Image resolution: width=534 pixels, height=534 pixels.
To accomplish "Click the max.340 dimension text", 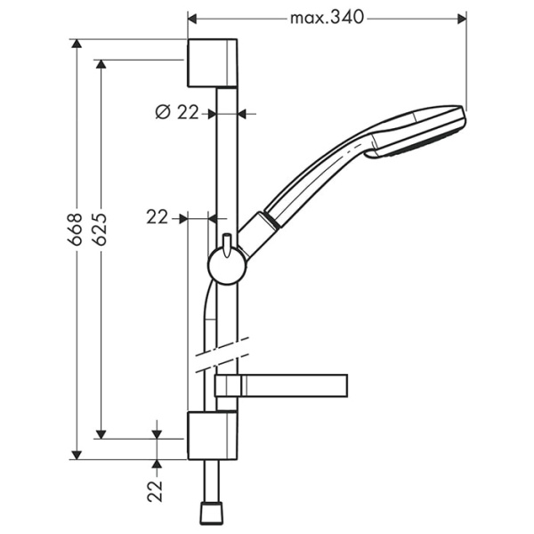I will [x=328, y=18].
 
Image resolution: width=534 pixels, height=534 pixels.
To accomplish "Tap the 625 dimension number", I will [x=101, y=229].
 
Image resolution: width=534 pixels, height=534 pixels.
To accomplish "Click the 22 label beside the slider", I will [x=158, y=217].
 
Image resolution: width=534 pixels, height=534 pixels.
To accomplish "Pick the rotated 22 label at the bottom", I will [x=156, y=489].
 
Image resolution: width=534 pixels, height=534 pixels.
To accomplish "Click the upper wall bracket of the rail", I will [x=213, y=63].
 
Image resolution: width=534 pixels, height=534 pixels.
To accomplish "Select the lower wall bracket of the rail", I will [x=213, y=435].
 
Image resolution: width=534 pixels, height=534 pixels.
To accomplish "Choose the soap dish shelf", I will [x=280, y=384].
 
